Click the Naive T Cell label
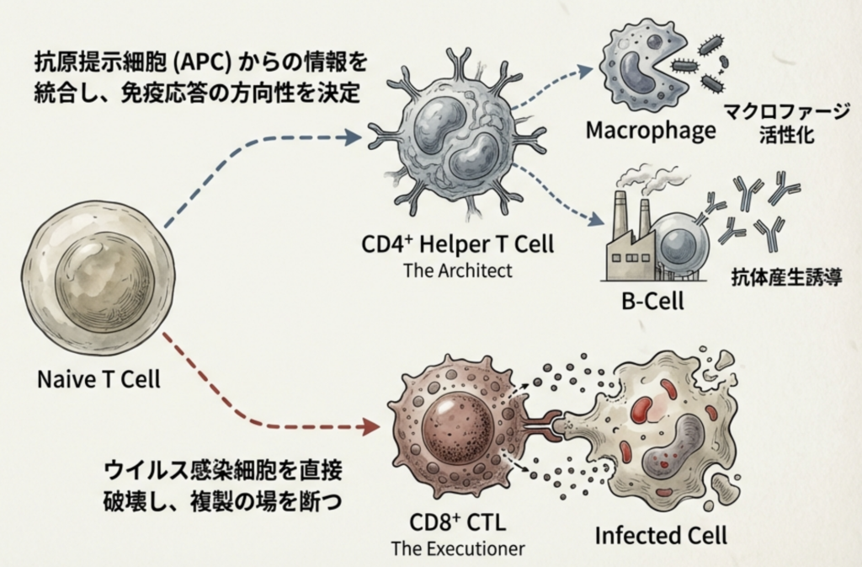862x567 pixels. coord(98,378)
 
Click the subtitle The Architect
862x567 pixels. coord(458,271)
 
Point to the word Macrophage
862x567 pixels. coord(651,131)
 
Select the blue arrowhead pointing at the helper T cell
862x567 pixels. coord(353,136)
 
